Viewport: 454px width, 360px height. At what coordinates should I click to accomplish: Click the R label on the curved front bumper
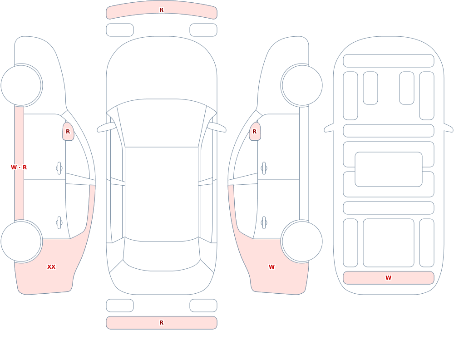161,10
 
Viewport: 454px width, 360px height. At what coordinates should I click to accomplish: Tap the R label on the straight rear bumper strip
161,323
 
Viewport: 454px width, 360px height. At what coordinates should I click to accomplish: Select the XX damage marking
51,267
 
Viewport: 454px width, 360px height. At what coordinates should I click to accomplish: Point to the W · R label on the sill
19,168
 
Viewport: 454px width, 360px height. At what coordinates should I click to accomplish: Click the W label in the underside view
388,277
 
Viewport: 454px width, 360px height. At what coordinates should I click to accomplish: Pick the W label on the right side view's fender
271,267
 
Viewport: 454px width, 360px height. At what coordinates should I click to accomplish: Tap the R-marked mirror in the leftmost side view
69,132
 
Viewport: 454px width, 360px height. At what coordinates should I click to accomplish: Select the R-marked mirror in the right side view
255,132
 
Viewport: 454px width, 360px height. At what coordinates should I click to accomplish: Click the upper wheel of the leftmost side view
21,85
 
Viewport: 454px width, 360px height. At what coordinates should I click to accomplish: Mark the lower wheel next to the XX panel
21,242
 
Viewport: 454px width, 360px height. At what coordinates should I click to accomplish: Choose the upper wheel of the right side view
302,85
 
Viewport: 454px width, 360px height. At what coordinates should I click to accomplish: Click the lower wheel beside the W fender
302,242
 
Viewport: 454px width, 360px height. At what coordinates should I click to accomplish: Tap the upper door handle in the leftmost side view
59,168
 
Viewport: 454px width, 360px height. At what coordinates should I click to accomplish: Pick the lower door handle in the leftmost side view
59,223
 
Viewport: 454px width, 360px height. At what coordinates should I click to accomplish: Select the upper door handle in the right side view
264,168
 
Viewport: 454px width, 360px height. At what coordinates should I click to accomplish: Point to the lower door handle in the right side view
264,223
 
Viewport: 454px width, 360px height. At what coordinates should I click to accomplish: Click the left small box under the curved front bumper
120,30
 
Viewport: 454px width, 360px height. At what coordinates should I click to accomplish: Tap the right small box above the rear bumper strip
203,306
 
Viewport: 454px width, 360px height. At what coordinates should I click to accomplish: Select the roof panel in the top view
162,194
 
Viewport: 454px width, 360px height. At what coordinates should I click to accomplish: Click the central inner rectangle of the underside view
389,169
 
